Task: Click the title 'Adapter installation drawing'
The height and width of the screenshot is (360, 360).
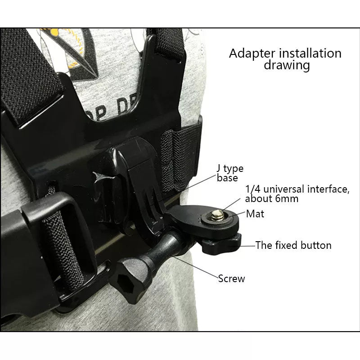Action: (x=285, y=59)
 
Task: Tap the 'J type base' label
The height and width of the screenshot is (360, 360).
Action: (x=230, y=173)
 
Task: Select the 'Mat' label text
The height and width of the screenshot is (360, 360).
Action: (x=255, y=214)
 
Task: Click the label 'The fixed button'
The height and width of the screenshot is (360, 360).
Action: (x=293, y=245)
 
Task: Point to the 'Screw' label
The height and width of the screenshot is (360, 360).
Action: (x=231, y=279)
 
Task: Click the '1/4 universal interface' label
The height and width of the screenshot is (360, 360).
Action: (x=297, y=189)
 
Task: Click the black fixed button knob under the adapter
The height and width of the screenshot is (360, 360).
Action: (x=221, y=243)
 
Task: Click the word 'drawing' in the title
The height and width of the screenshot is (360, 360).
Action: (x=287, y=65)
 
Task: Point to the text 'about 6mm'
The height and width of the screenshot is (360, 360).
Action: (x=272, y=198)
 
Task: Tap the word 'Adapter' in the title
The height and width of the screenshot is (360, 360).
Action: (x=252, y=53)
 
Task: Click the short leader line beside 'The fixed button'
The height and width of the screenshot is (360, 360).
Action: (x=248, y=246)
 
